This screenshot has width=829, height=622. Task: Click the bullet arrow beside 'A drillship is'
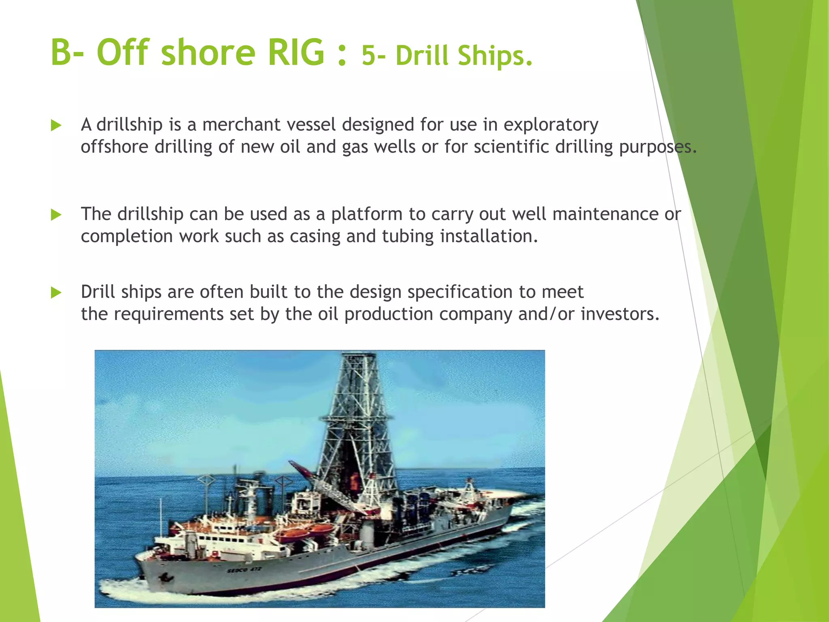click(56, 126)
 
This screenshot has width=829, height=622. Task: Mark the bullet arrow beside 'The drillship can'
click(56, 215)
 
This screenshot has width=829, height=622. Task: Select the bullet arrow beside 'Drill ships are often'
click(56, 292)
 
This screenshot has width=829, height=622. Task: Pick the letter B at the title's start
click(62, 53)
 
